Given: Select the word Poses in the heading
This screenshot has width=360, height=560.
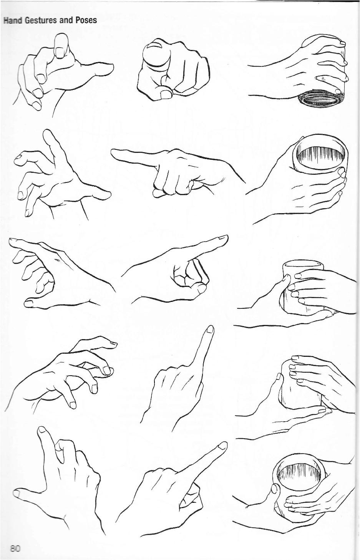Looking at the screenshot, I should tap(86, 20).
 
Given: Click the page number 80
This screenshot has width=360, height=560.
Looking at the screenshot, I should tap(15, 548).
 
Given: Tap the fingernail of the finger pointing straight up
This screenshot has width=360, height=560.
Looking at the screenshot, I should tap(209, 330).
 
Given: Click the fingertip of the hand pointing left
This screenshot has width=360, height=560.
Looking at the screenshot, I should tap(115, 154).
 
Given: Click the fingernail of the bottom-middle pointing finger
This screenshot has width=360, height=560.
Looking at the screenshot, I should tap(221, 446).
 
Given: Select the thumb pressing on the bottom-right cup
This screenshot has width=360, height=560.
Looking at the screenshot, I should tap(275, 490).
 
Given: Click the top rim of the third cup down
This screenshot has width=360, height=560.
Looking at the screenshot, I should tap(302, 265).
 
